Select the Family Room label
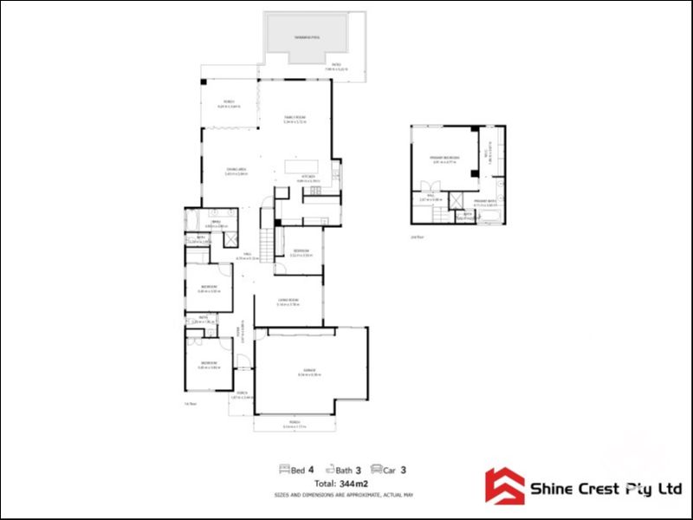295,119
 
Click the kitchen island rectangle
301,166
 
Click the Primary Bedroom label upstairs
444,158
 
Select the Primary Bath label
485,201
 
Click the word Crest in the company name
597,490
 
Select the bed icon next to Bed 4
283,470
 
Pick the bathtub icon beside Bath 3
328,470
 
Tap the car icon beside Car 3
376,470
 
